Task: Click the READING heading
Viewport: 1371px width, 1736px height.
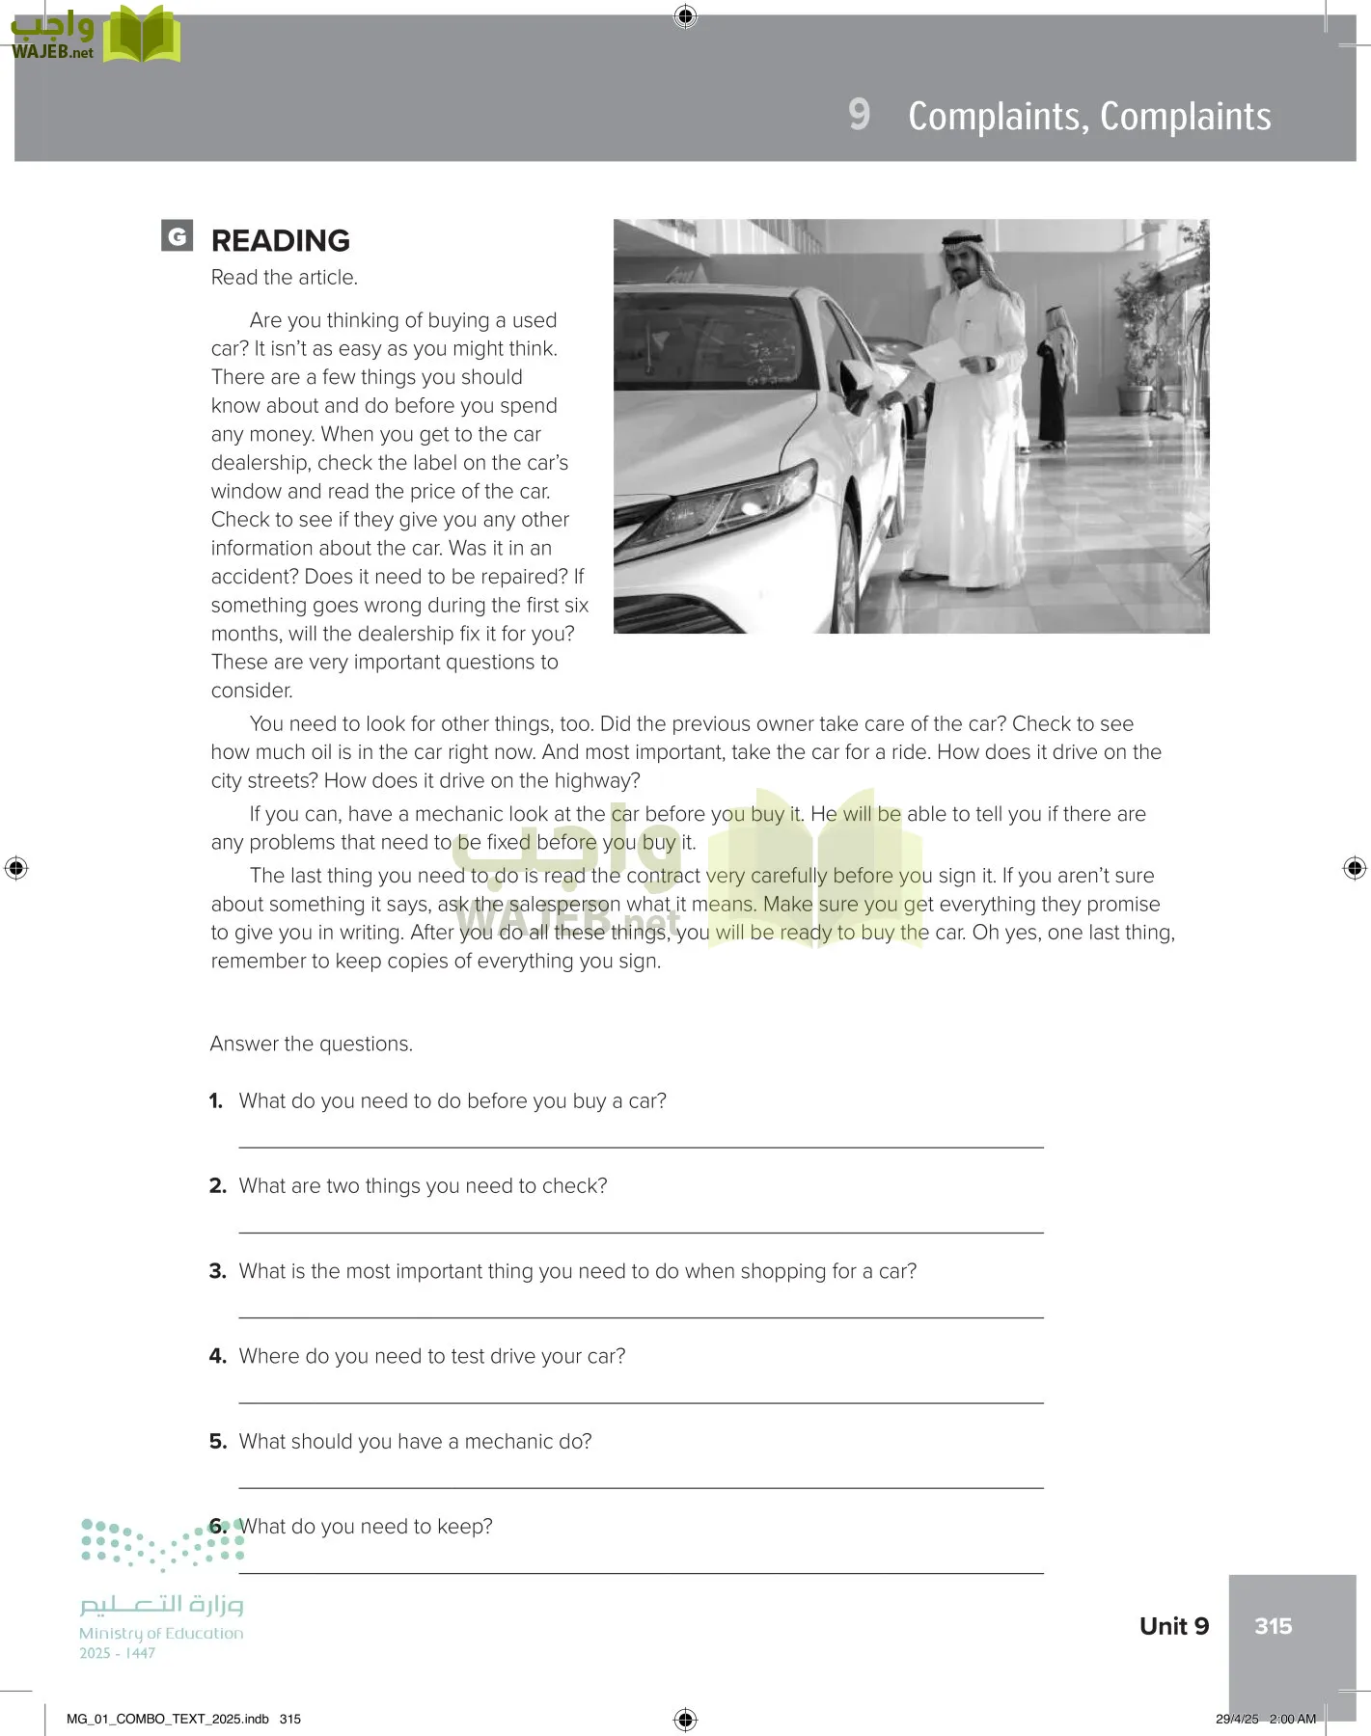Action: (x=280, y=240)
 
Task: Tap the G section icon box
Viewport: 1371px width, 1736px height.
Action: (x=177, y=236)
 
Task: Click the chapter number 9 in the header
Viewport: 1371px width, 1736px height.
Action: (x=859, y=115)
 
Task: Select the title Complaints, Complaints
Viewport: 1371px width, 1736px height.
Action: (x=1089, y=117)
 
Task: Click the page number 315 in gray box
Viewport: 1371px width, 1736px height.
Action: (x=1273, y=1626)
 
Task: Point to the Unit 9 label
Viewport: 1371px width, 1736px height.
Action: (x=1173, y=1626)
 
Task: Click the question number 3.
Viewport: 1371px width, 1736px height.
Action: (x=217, y=1271)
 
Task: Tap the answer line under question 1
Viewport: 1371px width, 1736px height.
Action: (x=641, y=1146)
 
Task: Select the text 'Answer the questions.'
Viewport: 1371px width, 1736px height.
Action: (x=311, y=1044)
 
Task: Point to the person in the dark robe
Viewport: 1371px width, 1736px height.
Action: (x=1055, y=386)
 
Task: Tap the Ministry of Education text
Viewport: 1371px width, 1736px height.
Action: (x=161, y=1633)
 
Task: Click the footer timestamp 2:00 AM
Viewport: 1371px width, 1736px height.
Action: (x=1292, y=1719)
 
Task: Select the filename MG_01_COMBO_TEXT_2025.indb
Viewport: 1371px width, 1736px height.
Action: (x=167, y=1719)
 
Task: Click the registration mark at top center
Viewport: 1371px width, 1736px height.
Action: (x=685, y=15)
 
